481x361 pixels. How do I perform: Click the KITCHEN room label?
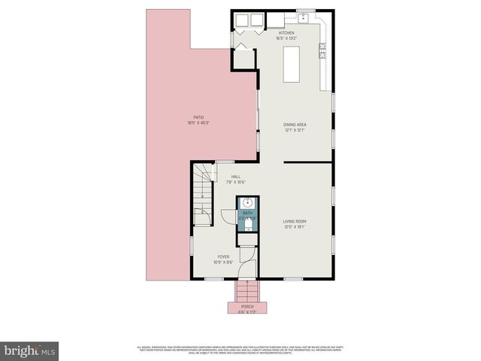pyautogui.click(x=287, y=33)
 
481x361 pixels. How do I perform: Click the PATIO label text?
pyautogui.click(x=198, y=117)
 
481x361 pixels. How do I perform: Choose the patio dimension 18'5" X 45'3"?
pyautogui.click(x=198, y=123)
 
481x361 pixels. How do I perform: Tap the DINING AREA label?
pyautogui.click(x=295, y=125)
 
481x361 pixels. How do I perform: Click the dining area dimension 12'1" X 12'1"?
pyautogui.click(x=295, y=130)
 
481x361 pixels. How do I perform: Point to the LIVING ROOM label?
pyautogui.click(x=295, y=220)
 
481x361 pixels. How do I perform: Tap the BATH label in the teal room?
pyautogui.click(x=247, y=213)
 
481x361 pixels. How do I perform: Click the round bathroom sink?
pyautogui.click(x=247, y=203)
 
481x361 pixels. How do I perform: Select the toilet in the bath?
pyautogui.click(x=247, y=226)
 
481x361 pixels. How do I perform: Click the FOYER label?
pyautogui.click(x=224, y=257)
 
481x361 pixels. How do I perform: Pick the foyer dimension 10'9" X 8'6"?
pyautogui.click(x=224, y=262)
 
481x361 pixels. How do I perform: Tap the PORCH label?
pyautogui.click(x=247, y=307)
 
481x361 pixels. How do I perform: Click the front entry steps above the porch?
pyautogui.click(x=247, y=291)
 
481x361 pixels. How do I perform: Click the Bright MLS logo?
pyautogui.click(x=30, y=350)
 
